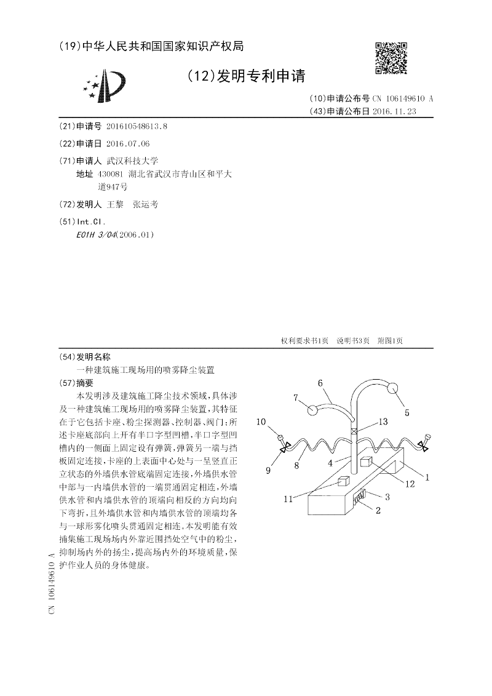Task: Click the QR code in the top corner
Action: click(391, 58)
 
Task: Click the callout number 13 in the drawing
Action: click(383, 422)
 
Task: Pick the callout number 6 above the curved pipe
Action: click(320, 383)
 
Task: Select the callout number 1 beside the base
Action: click(426, 476)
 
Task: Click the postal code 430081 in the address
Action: click(110, 175)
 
